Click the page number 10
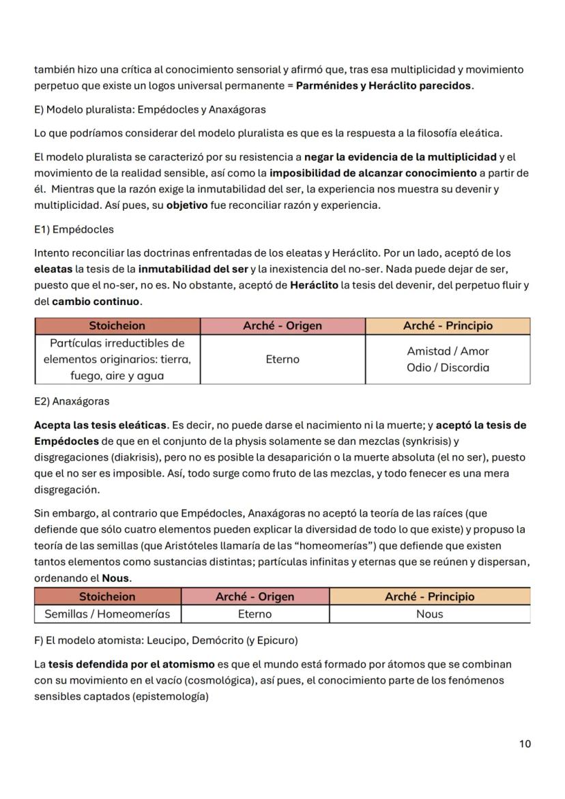tap(524, 744)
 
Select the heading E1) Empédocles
tap(74, 229)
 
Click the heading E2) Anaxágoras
tap(71, 401)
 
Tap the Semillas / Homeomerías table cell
tap(108, 614)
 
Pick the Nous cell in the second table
tap(429, 614)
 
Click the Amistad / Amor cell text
tap(448, 351)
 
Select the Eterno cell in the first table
tap(282, 359)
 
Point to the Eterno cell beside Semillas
tap(255, 614)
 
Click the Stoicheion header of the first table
tap(117, 325)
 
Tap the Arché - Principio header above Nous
tap(429, 596)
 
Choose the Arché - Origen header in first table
tap(282, 325)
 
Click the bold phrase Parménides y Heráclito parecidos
tap(383, 86)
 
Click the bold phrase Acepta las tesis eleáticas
tap(100, 425)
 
